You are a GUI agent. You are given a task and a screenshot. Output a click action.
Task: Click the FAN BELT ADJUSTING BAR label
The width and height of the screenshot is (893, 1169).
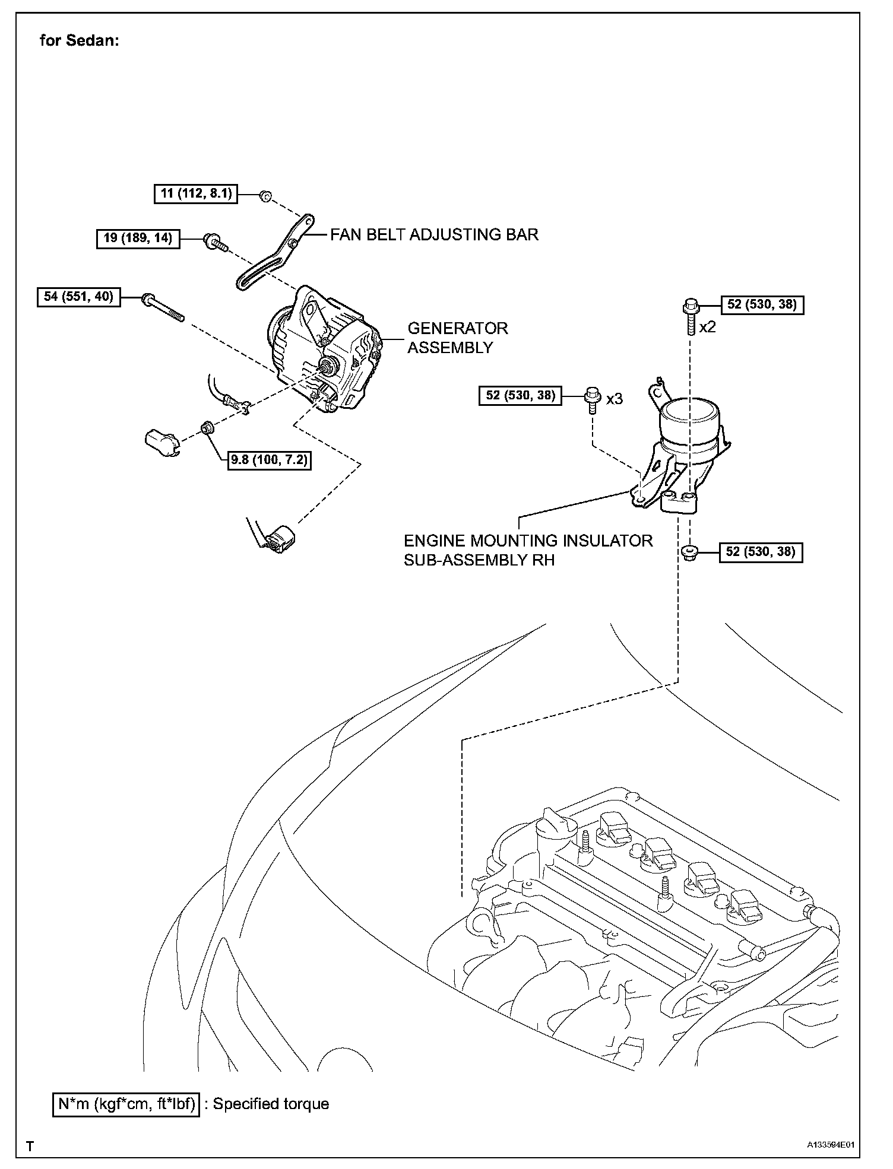point(434,235)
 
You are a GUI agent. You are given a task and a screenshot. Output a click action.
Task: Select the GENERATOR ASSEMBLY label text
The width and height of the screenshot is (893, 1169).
point(457,338)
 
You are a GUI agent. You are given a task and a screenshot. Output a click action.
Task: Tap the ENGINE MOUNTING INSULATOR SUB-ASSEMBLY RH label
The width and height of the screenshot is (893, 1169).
point(528,550)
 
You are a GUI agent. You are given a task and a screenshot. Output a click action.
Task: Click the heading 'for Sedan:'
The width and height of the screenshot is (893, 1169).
point(80,41)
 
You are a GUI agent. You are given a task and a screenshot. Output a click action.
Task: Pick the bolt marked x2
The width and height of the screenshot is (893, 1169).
point(691,317)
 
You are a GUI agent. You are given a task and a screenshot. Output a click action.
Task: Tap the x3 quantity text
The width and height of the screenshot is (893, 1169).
point(615,399)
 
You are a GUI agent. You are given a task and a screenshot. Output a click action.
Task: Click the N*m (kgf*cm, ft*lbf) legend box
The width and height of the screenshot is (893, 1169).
point(126,1104)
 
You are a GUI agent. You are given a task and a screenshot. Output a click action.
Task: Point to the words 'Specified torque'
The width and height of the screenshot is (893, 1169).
point(271,1104)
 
